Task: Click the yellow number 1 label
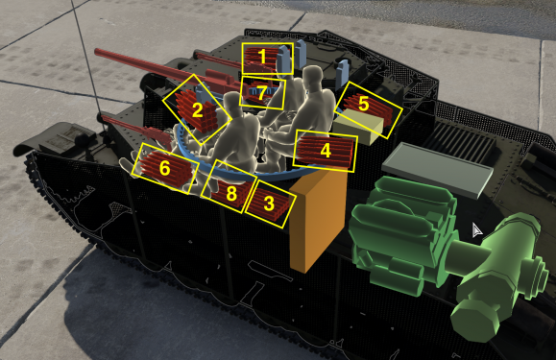(x=262, y=58)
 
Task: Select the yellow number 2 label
(x=197, y=109)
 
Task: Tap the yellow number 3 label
(x=268, y=203)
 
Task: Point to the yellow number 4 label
(x=325, y=150)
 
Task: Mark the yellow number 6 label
(x=164, y=168)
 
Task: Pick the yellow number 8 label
(x=231, y=192)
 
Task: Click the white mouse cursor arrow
(x=476, y=231)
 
